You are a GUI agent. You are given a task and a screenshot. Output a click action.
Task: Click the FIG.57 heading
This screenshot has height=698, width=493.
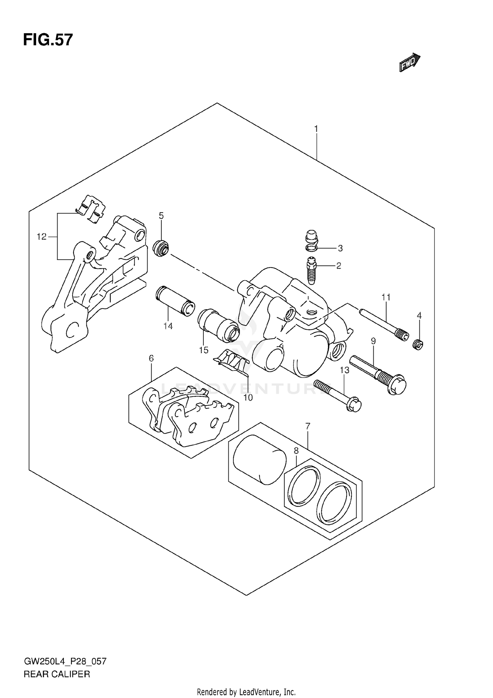(x=48, y=40)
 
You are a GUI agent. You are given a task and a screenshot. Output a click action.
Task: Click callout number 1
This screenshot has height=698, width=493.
(x=316, y=129)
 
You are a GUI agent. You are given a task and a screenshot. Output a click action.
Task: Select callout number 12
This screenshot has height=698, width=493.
(x=42, y=237)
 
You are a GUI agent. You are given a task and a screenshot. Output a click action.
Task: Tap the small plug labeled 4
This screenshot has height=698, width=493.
(x=418, y=345)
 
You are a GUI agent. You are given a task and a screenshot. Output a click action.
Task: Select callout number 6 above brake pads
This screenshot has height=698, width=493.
(x=151, y=358)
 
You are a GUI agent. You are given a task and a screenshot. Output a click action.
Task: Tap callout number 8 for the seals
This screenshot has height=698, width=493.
(x=296, y=451)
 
